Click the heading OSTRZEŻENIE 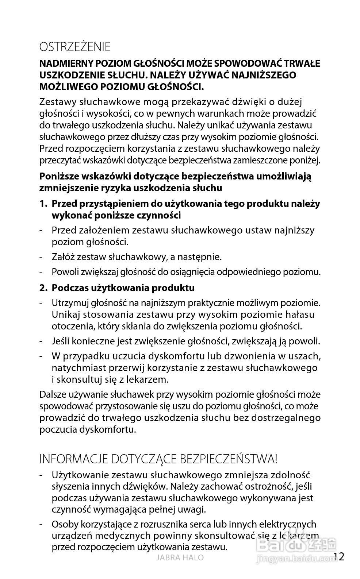click(x=75, y=47)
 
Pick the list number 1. click(x=43, y=204)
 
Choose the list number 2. click(x=43, y=288)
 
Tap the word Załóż click(x=62, y=257)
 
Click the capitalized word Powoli click(x=64, y=272)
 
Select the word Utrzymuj click(x=70, y=303)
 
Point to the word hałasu click(x=300, y=314)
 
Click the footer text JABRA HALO click(x=180, y=557)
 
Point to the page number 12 click(x=339, y=557)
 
